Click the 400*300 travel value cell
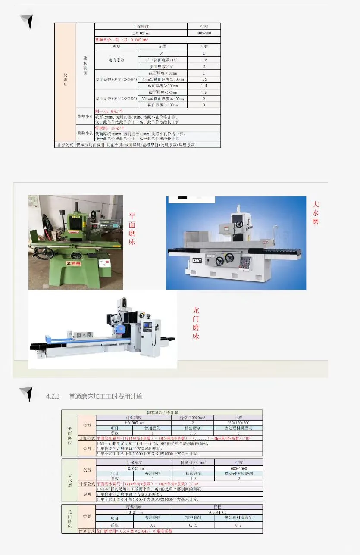point(204,33)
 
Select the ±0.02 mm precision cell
point(141,33)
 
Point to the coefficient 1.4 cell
point(204,86)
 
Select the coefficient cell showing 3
point(204,105)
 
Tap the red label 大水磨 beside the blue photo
point(316,213)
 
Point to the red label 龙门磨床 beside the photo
point(196,323)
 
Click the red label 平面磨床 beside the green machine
point(132,229)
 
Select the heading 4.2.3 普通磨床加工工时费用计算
point(94,396)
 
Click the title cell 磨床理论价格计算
point(162,412)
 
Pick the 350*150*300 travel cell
point(238,423)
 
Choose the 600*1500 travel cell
point(238,468)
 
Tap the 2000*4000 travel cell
point(217,512)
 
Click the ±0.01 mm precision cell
point(134,512)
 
